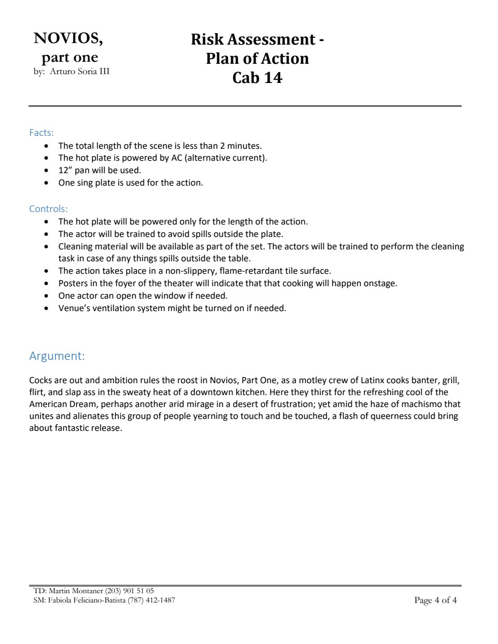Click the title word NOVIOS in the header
click(68, 38)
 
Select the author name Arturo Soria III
click(79, 72)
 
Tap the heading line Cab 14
click(257, 78)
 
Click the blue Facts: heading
click(41, 133)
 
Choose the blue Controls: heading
click(48, 209)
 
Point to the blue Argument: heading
click(57, 356)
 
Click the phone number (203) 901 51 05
click(129, 591)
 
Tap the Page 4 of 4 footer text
click(435, 600)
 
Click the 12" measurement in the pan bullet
click(65, 170)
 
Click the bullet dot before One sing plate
click(48, 183)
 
